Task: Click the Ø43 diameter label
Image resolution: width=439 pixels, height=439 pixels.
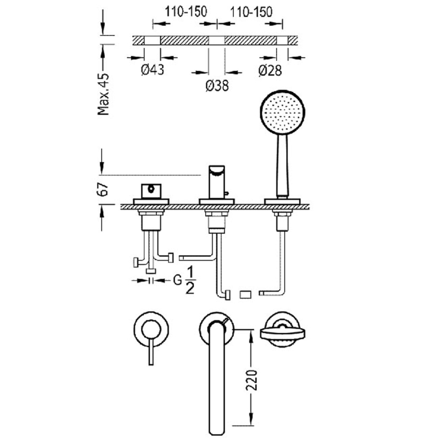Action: [x=153, y=70]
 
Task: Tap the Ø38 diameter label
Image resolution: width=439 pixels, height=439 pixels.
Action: [x=217, y=86]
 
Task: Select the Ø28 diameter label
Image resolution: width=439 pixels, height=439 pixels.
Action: [x=270, y=70]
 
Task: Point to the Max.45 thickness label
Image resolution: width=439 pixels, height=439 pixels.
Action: [x=103, y=94]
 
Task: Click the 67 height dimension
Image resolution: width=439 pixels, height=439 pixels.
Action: [x=103, y=189]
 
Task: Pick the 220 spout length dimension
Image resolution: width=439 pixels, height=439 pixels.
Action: [x=251, y=380]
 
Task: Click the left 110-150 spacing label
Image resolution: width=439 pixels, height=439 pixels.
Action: [x=186, y=12]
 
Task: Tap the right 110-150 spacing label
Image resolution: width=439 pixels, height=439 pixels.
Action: [x=251, y=12]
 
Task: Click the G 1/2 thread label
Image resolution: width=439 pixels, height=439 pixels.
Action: [x=184, y=280]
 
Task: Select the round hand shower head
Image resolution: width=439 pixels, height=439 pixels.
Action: [x=283, y=112]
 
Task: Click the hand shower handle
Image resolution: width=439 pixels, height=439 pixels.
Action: [x=282, y=166]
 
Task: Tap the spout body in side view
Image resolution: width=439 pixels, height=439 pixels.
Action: [x=217, y=182]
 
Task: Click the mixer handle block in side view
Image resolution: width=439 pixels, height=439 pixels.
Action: [x=151, y=191]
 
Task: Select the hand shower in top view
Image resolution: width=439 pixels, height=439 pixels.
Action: [x=283, y=330]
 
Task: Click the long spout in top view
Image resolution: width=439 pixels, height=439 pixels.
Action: [x=217, y=378]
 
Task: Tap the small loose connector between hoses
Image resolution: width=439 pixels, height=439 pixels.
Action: [x=245, y=295]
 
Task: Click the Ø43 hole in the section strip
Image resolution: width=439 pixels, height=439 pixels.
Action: [x=153, y=40]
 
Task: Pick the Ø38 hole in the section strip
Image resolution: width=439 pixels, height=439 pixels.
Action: [x=217, y=40]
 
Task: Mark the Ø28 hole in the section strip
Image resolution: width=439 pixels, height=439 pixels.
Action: [x=282, y=40]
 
